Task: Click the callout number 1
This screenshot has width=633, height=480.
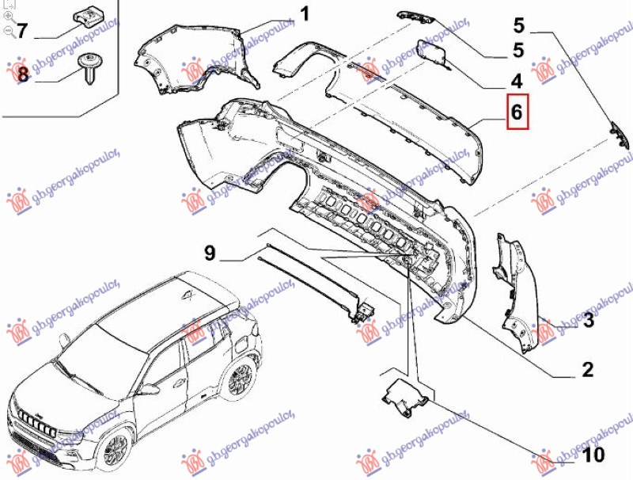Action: click(x=305, y=14)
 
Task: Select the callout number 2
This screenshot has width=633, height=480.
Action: click(x=587, y=369)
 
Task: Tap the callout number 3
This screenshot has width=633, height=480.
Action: click(x=588, y=321)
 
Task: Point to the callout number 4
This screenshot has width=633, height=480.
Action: click(x=516, y=81)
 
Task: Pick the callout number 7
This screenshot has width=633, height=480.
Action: click(x=21, y=32)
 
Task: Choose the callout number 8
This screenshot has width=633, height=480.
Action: click(x=21, y=75)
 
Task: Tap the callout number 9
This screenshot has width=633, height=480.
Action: click(x=209, y=253)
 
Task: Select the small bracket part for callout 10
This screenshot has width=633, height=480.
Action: click(x=405, y=397)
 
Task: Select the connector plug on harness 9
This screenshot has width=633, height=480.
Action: click(x=361, y=310)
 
